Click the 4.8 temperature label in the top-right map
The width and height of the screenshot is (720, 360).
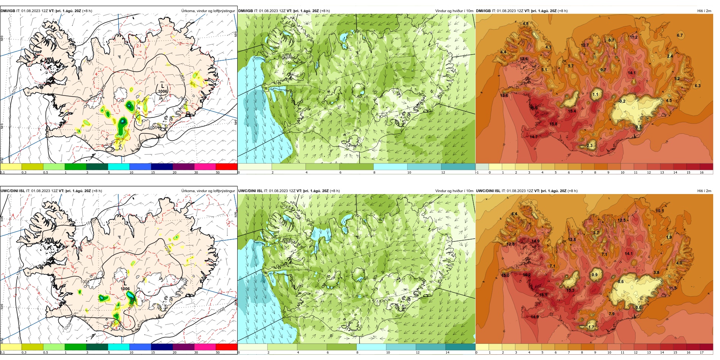coord(525,23)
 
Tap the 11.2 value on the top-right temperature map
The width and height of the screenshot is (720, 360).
coord(634,37)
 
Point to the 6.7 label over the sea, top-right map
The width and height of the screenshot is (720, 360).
coord(680,35)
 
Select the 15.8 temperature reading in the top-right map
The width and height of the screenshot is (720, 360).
coord(553,124)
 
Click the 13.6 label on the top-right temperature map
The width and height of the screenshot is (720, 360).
coord(504,95)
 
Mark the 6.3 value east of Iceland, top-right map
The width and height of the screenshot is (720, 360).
coord(697,86)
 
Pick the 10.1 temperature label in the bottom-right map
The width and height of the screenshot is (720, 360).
coord(660,211)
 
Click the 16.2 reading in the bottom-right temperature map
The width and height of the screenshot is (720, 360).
coord(527,275)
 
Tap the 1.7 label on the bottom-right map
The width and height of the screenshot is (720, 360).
coord(591,327)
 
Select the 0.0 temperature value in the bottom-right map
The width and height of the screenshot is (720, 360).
coord(639,308)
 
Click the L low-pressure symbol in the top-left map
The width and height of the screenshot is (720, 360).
coord(163,86)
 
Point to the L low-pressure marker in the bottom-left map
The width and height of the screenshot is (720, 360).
coord(125,283)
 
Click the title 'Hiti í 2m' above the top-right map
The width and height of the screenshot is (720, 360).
coord(704,11)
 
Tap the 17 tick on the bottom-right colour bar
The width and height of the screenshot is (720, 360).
coord(702,352)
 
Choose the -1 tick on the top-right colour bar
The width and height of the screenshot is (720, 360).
coord(477,172)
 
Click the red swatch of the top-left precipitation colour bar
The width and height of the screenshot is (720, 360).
coord(226,166)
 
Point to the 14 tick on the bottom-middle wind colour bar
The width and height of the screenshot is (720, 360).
coord(447,352)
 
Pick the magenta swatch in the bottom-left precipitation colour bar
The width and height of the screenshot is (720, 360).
coord(205,347)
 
